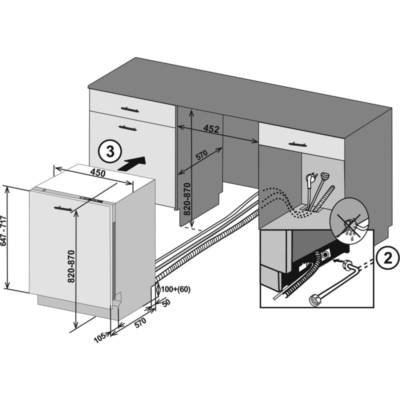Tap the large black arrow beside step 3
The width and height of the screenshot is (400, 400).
click(134, 163)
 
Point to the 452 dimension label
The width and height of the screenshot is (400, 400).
click(211, 128)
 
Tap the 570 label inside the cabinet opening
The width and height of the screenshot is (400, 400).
click(201, 155)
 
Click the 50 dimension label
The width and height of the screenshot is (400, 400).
click(166, 302)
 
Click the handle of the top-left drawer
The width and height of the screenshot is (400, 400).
click(129, 107)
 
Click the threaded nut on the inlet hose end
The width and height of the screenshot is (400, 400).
click(315, 301)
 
